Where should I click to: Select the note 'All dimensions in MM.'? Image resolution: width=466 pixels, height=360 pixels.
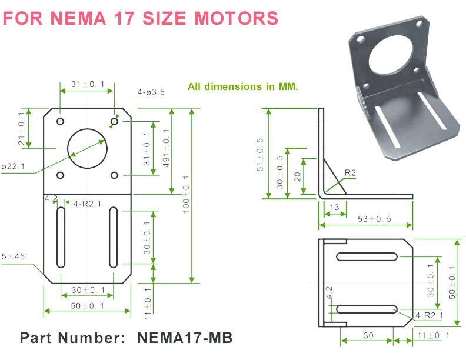tap(243, 86)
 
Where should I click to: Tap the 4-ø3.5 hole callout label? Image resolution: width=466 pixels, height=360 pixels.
tap(151, 92)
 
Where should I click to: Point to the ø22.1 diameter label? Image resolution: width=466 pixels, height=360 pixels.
tap(13, 166)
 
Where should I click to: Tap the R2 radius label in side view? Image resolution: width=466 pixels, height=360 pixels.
tap(351, 172)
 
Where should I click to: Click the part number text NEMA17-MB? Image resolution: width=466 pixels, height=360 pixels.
tap(185, 338)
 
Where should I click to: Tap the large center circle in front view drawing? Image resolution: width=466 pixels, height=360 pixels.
tap(87, 148)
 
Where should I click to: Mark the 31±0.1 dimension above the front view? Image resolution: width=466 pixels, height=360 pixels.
tap(88, 85)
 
